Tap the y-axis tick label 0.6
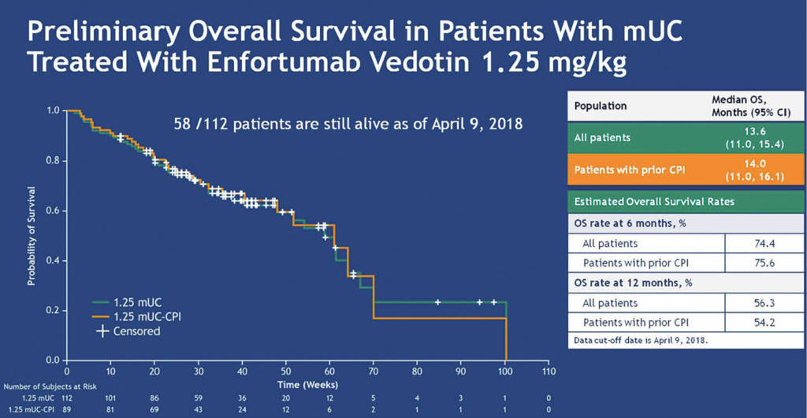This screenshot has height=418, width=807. point(54,211)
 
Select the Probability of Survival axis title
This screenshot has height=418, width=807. point(32,235)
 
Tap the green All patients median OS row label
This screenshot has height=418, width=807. point(602,137)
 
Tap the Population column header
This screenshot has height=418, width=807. point(601,105)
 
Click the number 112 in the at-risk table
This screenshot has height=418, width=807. point(66,399)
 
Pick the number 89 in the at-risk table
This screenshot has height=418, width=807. point(66,410)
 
